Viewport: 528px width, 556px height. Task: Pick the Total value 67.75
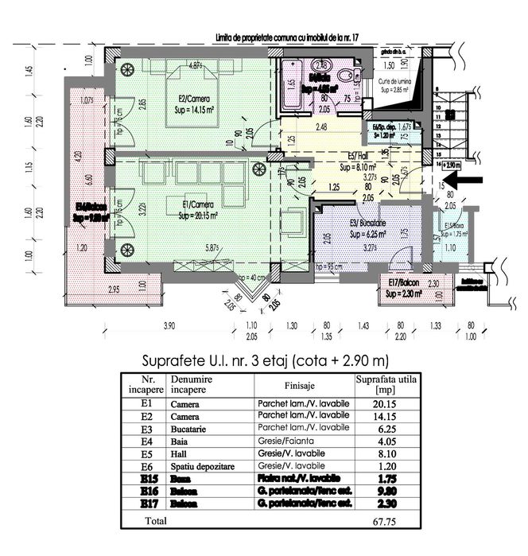[385, 520]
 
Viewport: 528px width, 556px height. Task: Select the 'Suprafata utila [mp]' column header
[384, 384]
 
